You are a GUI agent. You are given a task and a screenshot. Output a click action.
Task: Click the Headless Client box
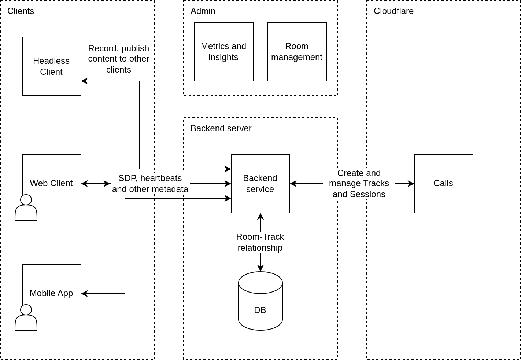tap(51, 66)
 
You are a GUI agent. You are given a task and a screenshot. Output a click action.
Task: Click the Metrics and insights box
tap(223, 52)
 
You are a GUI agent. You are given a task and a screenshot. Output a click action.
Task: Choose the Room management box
tap(297, 52)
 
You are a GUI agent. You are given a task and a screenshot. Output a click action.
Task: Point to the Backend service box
tap(260, 184)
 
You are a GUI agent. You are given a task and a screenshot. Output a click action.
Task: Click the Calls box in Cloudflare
tap(443, 184)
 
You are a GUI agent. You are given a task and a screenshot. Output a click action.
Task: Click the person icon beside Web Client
tap(26, 208)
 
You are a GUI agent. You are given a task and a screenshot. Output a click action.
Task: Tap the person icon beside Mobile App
tap(26, 318)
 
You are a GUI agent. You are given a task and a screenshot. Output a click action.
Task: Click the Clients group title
tap(21, 11)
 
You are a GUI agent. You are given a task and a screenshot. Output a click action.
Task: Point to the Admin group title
tap(203, 11)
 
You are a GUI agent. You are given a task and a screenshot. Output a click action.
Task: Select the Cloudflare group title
tap(393, 11)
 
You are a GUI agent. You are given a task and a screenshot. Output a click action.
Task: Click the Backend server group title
tap(221, 128)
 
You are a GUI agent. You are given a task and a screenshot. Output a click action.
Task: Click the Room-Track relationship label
tap(260, 242)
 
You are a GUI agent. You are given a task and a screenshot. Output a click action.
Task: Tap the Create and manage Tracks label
tap(359, 184)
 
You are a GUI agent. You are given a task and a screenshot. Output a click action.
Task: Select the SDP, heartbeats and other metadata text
tap(150, 184)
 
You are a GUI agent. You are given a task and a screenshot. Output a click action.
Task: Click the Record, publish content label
tap(118, 59)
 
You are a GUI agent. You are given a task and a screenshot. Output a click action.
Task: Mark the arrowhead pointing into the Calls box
tap(411, 184)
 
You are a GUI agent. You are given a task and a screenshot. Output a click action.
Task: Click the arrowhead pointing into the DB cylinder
tap(260, 269)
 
